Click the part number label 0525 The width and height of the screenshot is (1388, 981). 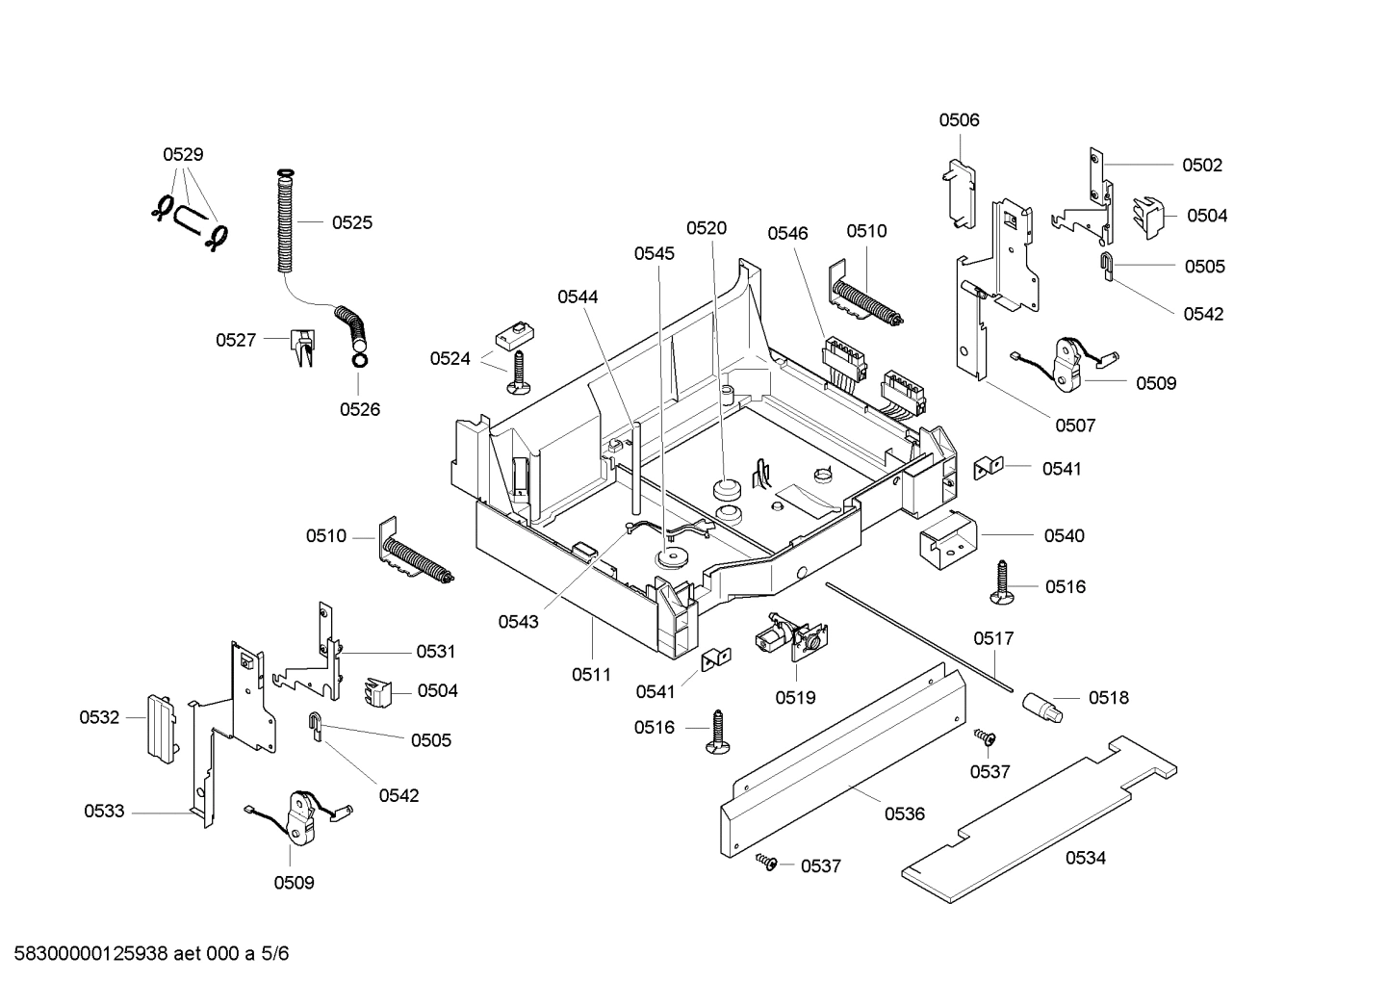click(351, 222)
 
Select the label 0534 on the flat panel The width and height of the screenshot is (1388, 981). click(1085, 858)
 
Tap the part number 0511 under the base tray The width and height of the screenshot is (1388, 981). click(591, 675)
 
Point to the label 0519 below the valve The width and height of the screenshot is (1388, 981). click(795, 697)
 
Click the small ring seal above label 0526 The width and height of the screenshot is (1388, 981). click(359, 360)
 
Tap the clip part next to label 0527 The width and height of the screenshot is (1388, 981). click(301, 347)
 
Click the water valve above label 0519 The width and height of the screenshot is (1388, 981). click(792, 636)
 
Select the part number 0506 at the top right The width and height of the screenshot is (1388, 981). click(959, 120)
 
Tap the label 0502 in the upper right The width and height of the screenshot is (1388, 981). click(1201, 166)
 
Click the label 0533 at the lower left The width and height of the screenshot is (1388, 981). click(104, 812)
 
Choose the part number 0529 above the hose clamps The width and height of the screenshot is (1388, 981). click(183, 154)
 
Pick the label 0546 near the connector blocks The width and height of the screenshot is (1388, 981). click(787, 233)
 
